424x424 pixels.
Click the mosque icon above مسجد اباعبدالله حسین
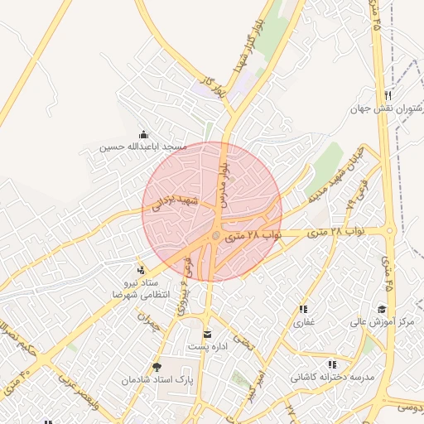coord(145,135)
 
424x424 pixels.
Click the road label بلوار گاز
coord(212,84)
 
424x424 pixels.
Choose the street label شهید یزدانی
coord(171,204)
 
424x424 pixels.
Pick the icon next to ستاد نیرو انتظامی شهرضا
coord(140,269)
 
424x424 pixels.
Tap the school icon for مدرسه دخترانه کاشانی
coord(332,364)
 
